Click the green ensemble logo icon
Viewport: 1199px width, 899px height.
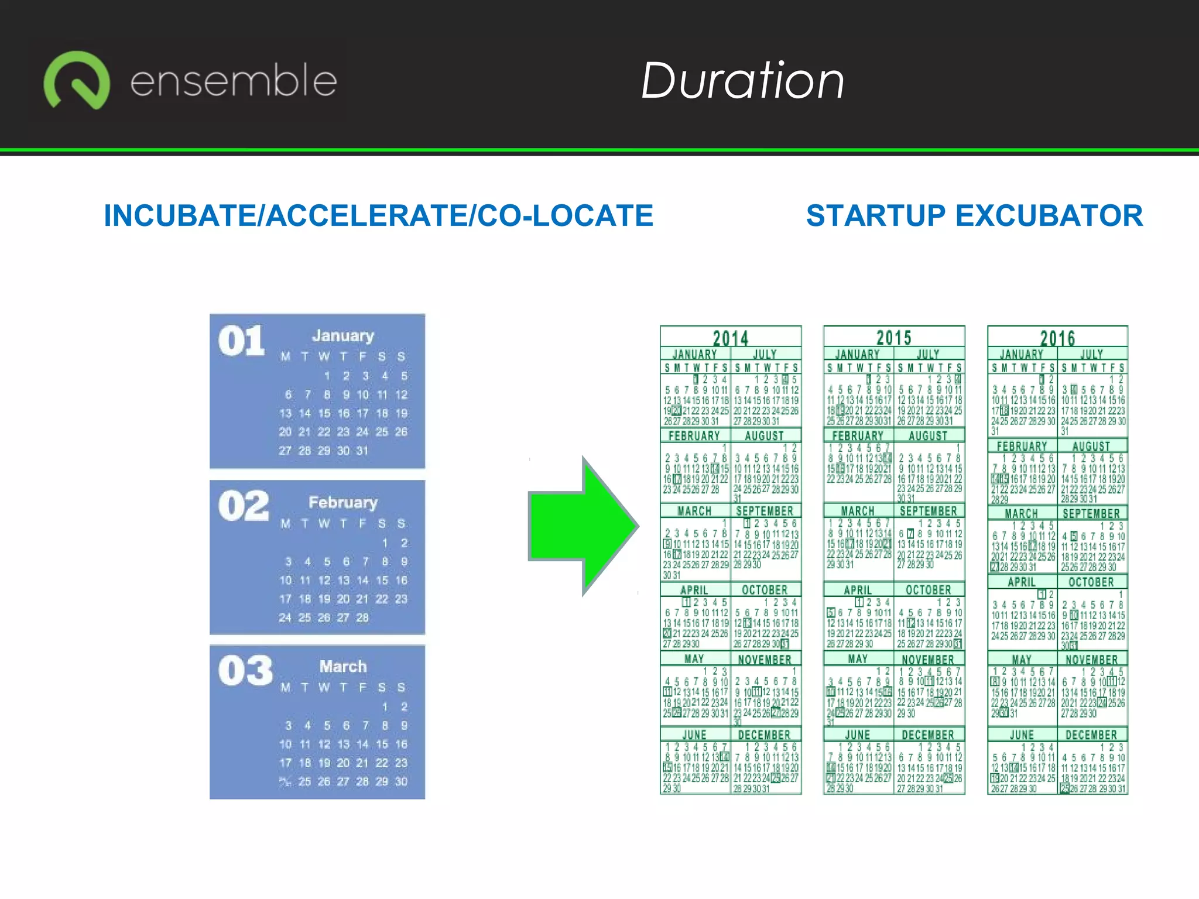click(77, 80)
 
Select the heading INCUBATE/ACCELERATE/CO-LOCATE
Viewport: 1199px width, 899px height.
click(378, 215)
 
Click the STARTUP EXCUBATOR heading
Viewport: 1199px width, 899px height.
click(974, 215)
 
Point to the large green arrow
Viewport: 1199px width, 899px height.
click(583, 526)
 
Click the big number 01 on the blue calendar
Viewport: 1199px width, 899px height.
click(241, 341)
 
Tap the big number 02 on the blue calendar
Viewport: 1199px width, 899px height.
click(244, 506)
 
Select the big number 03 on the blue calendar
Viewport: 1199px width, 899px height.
click(245, 671)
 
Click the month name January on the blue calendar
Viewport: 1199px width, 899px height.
click(343, 336)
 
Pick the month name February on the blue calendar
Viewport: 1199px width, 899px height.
click(343, 503)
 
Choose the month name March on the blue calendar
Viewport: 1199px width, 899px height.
click(343, 667)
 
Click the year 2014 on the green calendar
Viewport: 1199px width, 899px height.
click(731, 338)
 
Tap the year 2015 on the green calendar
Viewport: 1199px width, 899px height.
click(894, 338)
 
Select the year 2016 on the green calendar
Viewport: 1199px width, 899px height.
click(1057, 338)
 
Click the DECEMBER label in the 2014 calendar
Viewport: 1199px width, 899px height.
click(764, 735)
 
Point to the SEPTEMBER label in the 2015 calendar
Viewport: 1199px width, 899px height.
click(928, 511)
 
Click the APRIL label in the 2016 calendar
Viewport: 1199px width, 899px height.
click(1022, 582)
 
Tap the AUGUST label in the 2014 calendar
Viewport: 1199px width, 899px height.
click(764, 436)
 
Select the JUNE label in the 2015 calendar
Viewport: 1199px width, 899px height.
click(858, 735)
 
